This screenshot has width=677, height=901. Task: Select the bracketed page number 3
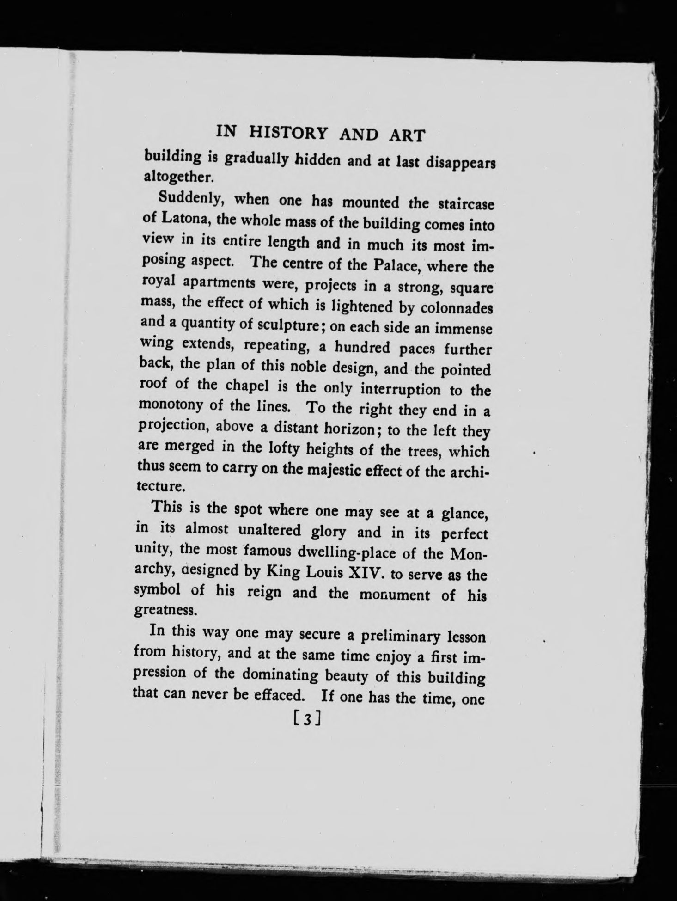306,718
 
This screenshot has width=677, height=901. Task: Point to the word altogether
171,177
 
